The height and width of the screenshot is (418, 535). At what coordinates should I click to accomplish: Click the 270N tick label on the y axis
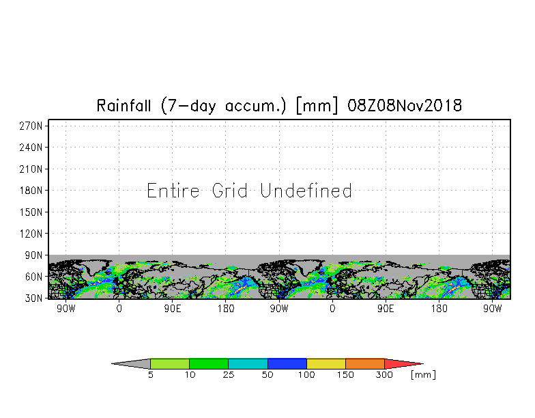(x=31, y=126)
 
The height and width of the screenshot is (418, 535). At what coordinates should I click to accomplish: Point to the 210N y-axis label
(x=31, y=169)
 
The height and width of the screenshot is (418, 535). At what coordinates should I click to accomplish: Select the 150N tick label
(x=31, y=212)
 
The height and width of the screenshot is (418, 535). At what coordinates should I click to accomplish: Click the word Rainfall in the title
(x=124, y=105)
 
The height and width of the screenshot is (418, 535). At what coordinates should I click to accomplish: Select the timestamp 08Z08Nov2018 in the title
(x=405, y=105)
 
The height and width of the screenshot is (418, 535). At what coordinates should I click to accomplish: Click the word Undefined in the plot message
(x=306, y=190)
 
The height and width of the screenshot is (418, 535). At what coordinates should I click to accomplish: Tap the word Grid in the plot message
(x=229, y=190)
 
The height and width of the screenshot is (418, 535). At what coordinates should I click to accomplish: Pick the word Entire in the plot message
(x=173, y=190)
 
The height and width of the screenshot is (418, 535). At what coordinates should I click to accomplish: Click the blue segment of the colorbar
(x=287, y=363)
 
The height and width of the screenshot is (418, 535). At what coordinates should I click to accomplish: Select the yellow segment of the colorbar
(x=326, y=363)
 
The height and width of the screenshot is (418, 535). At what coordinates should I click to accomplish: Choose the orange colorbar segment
(x=365, y=363)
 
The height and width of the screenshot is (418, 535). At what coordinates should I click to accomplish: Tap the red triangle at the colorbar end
(x=399, y=363)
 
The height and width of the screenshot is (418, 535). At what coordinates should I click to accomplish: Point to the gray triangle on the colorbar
(x=136, y=363)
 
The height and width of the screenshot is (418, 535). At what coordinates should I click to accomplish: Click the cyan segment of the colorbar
(x=248, y=363)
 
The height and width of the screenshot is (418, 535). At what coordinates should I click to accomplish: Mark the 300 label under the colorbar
(x=385, y=374)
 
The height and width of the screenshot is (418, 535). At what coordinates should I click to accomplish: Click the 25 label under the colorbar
(x=229, y=374)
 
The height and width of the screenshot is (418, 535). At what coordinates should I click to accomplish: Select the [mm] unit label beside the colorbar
(x=423, y=374)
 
